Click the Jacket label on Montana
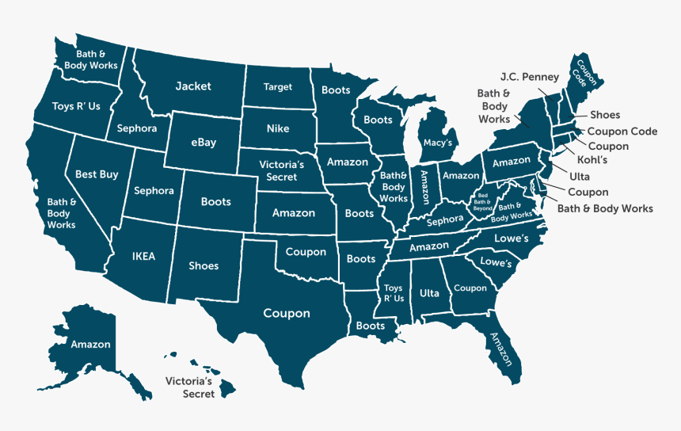(193, 86)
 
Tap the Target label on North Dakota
(278, 87)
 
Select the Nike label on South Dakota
(278, 128)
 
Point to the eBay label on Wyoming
(204, 143)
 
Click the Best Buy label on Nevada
(97, 174)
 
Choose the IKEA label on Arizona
(143, 256)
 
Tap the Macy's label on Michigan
(438, 143)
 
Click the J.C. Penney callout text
(530, 77)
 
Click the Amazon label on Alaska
(90, 345)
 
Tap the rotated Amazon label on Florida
(501, 349)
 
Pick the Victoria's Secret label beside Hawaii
(190, 387)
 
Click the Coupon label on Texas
(287, 314)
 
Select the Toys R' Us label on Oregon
(76, 106)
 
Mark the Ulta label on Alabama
(429, 293)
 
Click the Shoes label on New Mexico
(204, 265)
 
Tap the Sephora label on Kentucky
(444, 220)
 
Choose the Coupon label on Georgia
(470, 288)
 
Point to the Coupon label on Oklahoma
(306, 252)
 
